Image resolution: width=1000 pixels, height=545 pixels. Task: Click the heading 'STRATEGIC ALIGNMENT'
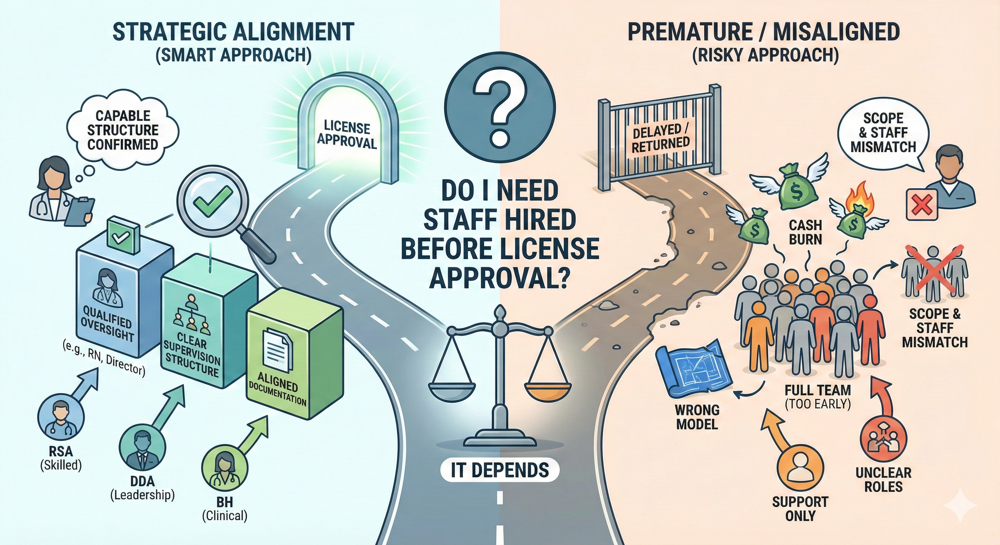(x=233, y=32)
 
